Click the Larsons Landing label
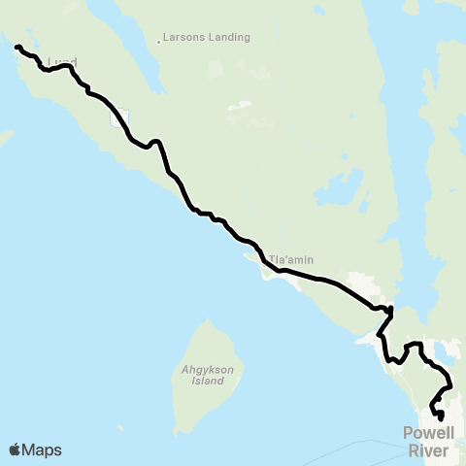pyautogui.click(x=209, y=38)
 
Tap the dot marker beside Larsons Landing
pyautogui.click(x=158, y=42)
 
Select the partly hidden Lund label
pyautogui.click(x=61, y=61)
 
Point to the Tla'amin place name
pyautogui.click(x=291, y=260)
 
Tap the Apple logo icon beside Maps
pyautogui.click(x=15, y=449)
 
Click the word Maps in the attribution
pyautogui.click(x=42, y=449)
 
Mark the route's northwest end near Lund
pyautogui.click(x=17, y=47)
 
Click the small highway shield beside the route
pyautogui.click(x=119, y=119)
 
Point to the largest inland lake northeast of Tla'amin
pyautogui.click(x=340, y=190)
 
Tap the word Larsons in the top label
pyautogui.click(x=186, y=38)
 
